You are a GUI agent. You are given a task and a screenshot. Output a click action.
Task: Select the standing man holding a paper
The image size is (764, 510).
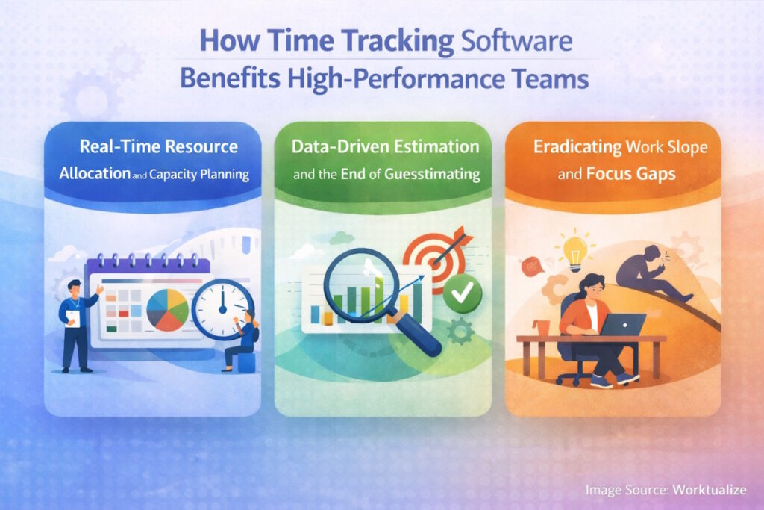point(76,325)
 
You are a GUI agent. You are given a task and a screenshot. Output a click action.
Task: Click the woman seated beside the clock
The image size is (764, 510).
point(244,341)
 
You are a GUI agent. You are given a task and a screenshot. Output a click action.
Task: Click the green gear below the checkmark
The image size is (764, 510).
point(460,332)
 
